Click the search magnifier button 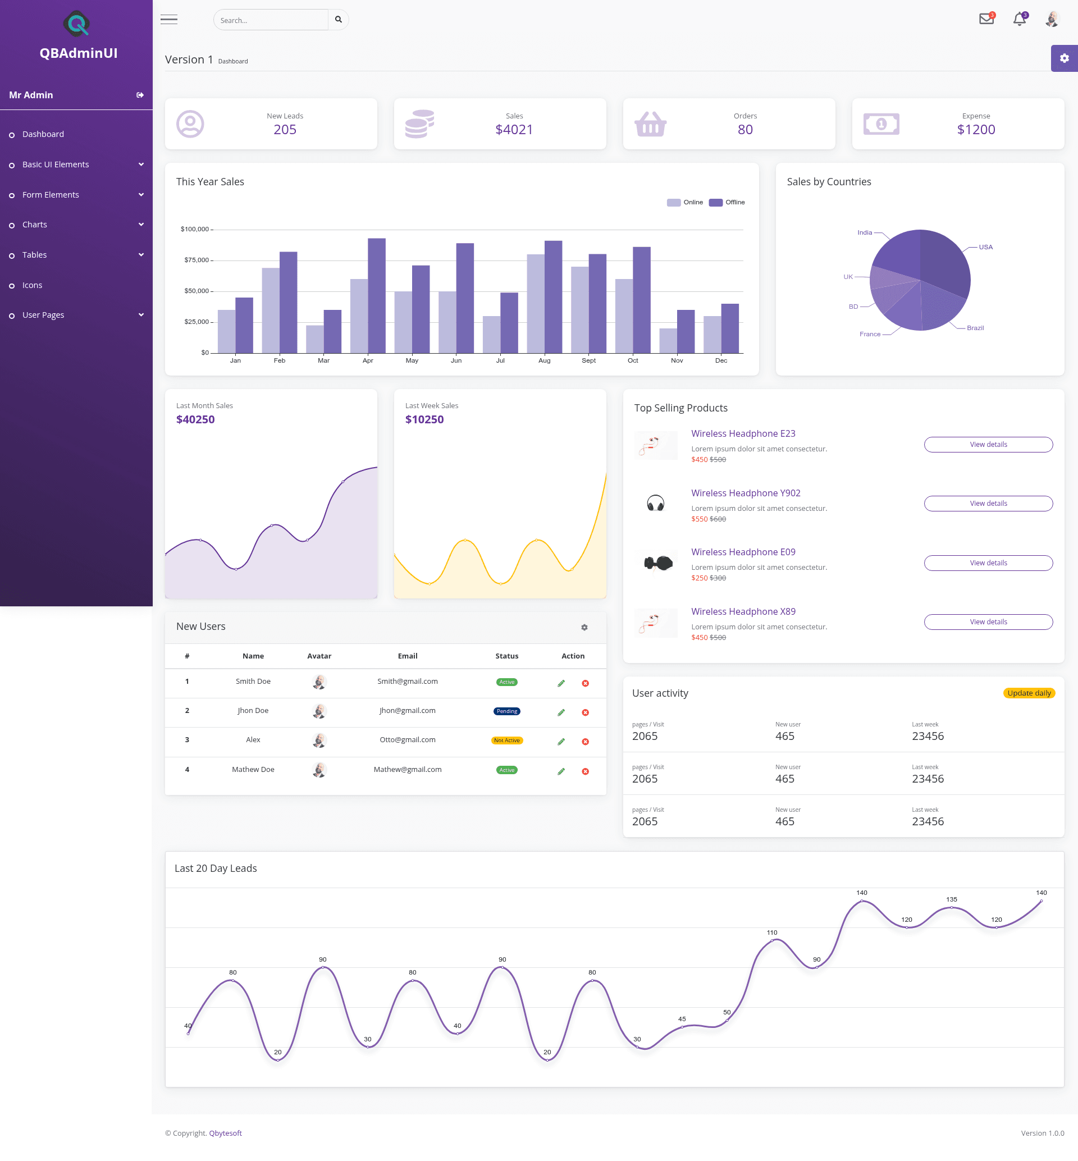click(339, 20)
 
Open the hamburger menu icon click(169, 20)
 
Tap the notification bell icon click(1020, 19)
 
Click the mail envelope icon click(986, 19)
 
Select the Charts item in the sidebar click(34, 225)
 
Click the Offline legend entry click(727, 203)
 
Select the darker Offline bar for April click(377, 296)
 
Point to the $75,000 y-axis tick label click(196, 260)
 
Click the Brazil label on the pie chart click(975, 328)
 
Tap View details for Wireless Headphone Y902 click(988, 504)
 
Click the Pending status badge click(507, 711)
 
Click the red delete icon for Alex click(585, 742)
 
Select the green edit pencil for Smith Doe click(561, 683)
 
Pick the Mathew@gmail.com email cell click(408, 770)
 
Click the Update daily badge click(1029, 693)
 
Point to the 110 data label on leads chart click(772, 933)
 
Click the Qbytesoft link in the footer click(225, 1133)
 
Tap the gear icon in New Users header click(584, 627)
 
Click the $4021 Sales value click(514, 130)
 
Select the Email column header click(408, 656)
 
